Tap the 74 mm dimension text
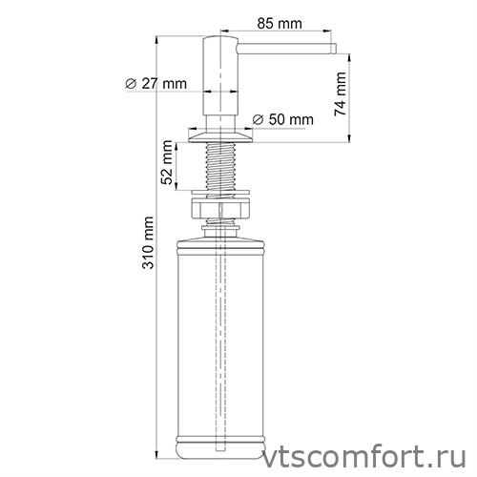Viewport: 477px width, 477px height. [342, 95]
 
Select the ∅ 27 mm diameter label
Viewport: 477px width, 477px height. [156, 84]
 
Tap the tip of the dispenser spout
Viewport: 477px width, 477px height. [334, 45]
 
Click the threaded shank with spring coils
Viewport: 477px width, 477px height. [225, 168]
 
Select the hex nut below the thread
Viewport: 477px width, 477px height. [225, 207]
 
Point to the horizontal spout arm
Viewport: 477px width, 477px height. [286, 44]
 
